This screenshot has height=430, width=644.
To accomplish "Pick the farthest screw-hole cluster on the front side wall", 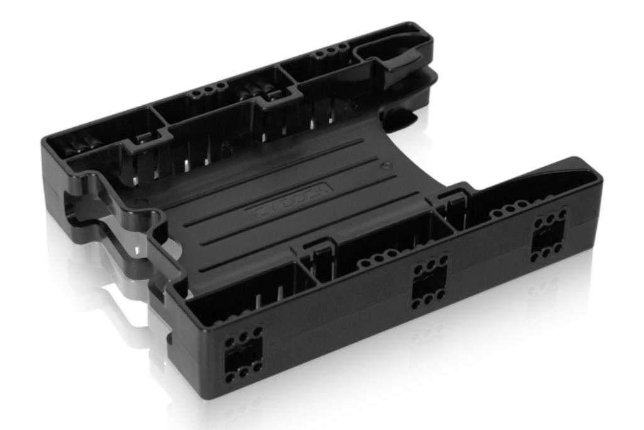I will (549, 236).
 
